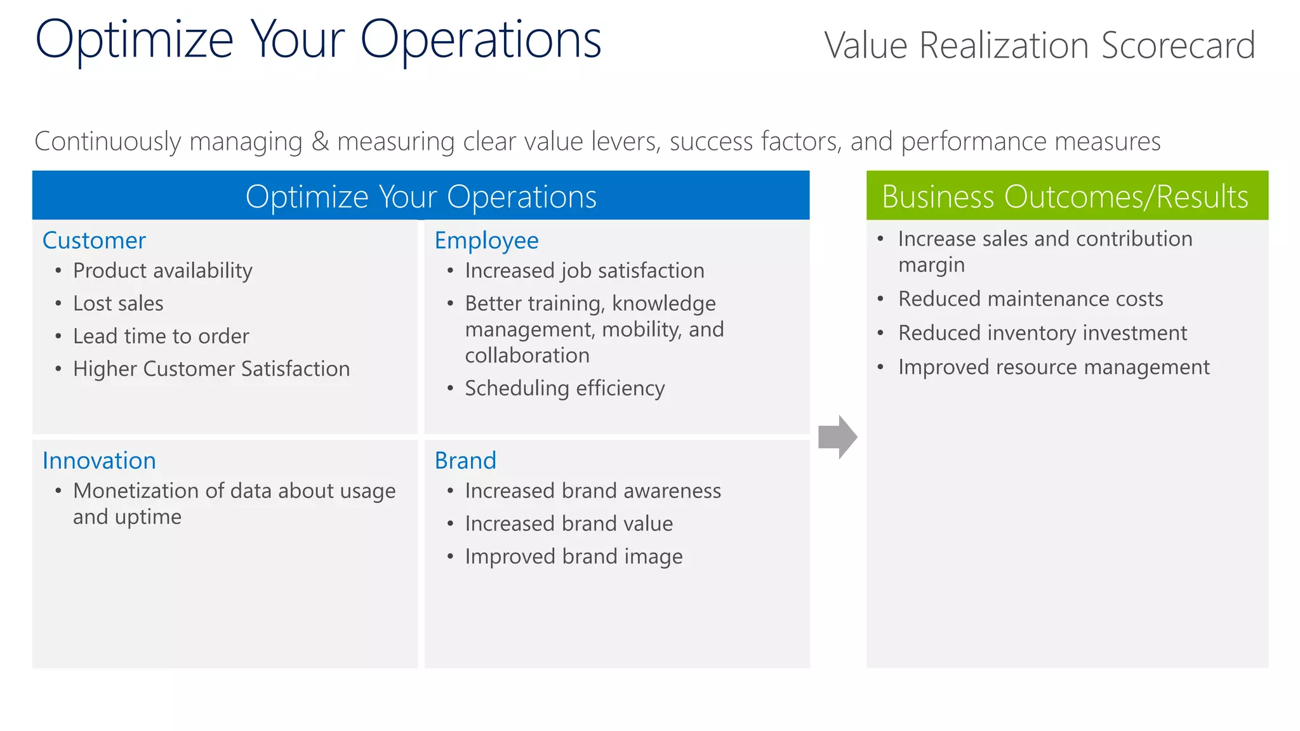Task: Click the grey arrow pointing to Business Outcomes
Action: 837,437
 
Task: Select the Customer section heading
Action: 94,240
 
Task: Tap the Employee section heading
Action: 486,240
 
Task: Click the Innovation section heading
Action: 99,461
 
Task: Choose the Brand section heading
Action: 465,461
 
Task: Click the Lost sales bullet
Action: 118,303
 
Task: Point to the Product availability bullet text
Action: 162,271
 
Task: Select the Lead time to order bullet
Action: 161,336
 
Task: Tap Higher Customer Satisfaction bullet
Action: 211,369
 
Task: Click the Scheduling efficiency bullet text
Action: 564,388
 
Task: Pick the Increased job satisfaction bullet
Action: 584,271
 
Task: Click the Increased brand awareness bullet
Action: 592,491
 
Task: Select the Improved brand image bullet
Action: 573,556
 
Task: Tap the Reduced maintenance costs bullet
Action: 1030,299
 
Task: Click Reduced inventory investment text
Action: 1042,333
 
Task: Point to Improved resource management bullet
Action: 1053,367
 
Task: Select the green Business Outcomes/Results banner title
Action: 1065,197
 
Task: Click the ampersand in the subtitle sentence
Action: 320,142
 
